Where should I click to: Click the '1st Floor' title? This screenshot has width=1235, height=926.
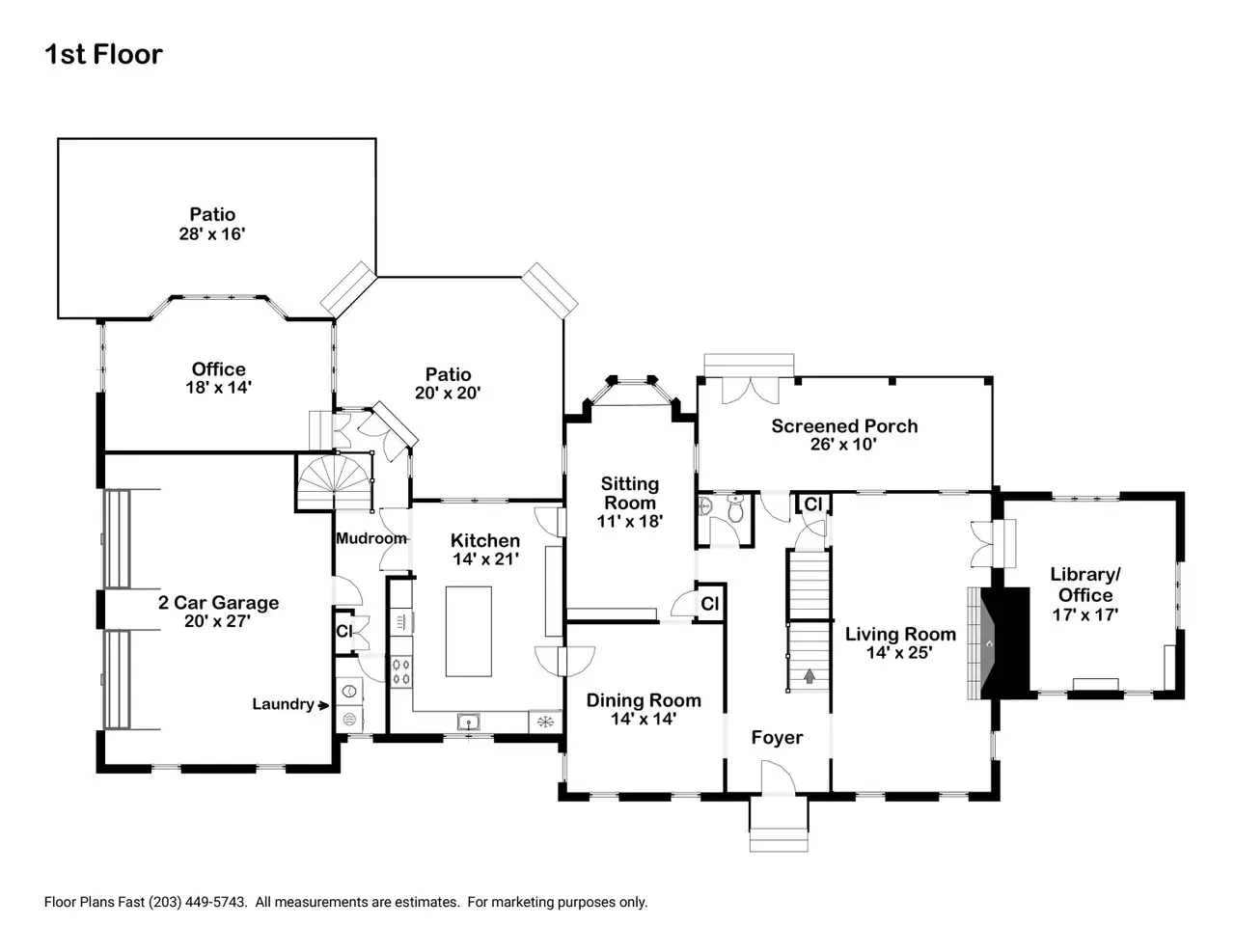103,55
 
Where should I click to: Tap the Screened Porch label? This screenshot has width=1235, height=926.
844,425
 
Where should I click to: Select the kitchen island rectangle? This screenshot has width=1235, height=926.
468,632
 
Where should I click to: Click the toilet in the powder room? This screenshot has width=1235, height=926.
735,508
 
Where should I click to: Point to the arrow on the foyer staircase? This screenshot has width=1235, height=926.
810,676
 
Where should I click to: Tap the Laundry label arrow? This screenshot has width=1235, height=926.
323,705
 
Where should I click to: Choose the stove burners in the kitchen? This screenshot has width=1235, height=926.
401,672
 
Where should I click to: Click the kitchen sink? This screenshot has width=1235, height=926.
468,722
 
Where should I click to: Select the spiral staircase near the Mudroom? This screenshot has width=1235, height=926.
336,482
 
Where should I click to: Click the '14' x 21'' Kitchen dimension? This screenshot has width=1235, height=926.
485,558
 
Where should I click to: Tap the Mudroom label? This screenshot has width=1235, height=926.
370,538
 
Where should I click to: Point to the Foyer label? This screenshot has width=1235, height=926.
777,737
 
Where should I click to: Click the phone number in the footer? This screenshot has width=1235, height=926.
198,903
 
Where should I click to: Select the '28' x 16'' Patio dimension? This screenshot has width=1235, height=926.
212,233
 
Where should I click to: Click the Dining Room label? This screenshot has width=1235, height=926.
644,700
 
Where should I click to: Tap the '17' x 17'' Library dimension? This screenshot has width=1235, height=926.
1085,614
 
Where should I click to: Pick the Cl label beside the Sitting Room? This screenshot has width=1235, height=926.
709,603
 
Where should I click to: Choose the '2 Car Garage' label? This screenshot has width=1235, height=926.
218,602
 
